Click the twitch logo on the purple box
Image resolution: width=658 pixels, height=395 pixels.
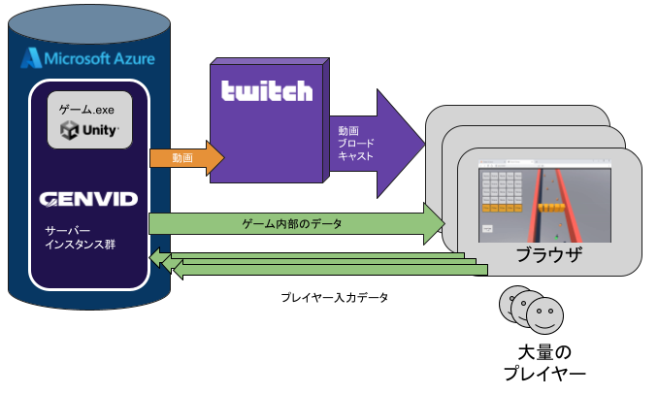click(267, 92)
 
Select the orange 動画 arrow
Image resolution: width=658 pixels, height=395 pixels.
click(185, 156)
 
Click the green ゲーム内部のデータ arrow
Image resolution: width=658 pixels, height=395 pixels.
click(291, 223)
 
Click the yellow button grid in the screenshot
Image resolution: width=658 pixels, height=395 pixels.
click(503, 191)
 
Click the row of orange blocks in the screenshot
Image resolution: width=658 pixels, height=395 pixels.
click(552, 206)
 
